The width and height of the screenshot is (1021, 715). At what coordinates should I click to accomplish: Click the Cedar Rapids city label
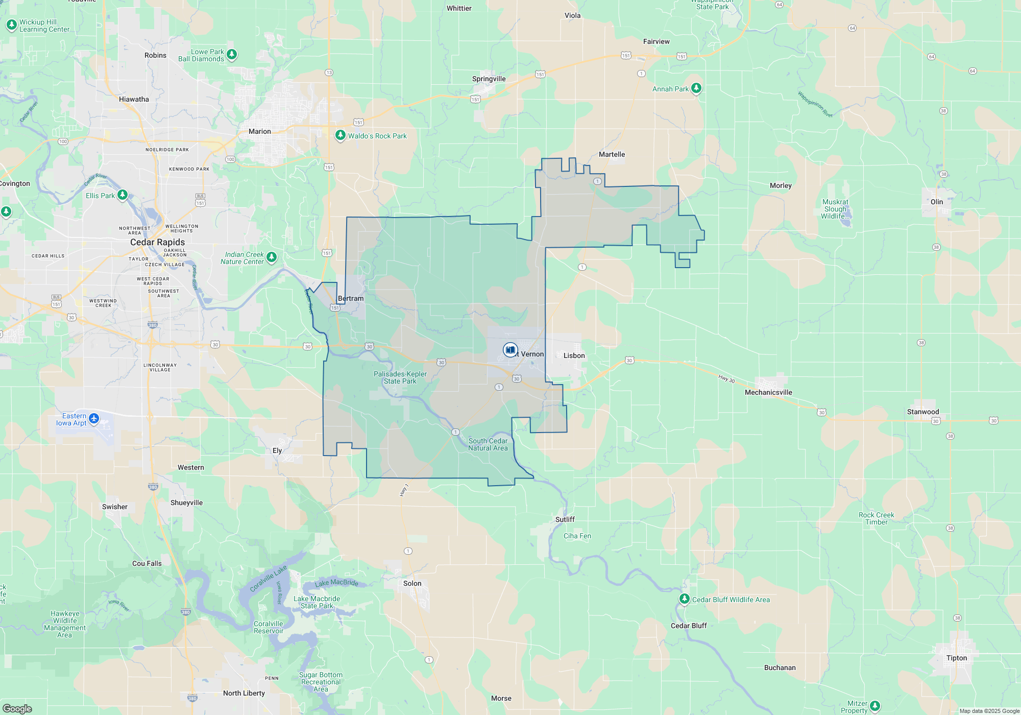coord(157,242)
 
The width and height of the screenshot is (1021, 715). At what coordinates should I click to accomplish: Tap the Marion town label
coord(259,131)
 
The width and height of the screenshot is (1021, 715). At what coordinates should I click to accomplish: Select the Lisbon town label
coord(574,355)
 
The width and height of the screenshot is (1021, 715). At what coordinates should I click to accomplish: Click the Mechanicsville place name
coord(768,392)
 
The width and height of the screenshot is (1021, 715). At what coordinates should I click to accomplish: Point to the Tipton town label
coord(956,658)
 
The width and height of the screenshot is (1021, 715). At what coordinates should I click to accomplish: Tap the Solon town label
coord(412,583)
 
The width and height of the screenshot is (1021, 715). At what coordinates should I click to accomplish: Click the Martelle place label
coord(612,154)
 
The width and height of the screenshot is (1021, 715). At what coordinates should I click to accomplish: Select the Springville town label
coord(489,79)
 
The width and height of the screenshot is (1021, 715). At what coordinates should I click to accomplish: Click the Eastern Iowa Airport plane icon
coord(94,419)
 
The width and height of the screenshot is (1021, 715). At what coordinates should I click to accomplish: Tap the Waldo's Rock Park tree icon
coord(340,135)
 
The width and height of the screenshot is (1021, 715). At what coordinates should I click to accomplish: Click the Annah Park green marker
coord(696,88)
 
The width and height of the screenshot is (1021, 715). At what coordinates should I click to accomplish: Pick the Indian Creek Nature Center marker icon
coord(272,257)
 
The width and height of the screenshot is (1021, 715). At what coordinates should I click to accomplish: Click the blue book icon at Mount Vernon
coord(510,350)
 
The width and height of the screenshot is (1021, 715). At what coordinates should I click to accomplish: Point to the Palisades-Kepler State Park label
coord(400,377)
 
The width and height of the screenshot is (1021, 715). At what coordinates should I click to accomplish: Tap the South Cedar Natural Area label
coord(488,444)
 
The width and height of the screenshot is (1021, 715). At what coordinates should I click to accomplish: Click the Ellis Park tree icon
coord(122,195)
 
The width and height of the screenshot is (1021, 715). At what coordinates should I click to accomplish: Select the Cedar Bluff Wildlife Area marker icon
coord(684,599)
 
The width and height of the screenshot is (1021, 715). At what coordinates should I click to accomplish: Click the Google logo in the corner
coord(17,708)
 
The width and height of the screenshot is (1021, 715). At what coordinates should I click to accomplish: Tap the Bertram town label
coord(351,298)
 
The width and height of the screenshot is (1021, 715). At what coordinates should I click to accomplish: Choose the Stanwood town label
coord(922,412)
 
